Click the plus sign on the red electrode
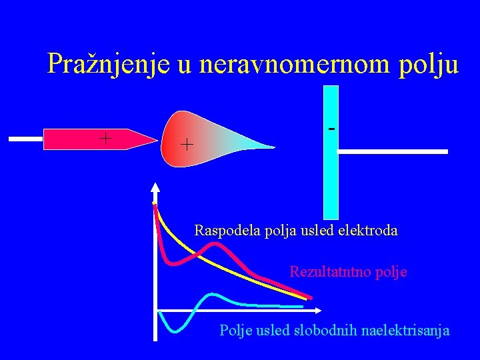[105, 138]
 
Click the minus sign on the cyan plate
[331, 127]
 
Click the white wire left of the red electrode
[26, 139]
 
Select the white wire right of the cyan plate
[393, 152]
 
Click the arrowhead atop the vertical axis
[155, 187]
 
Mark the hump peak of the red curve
[214, 245]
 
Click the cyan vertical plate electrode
[331, 173]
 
